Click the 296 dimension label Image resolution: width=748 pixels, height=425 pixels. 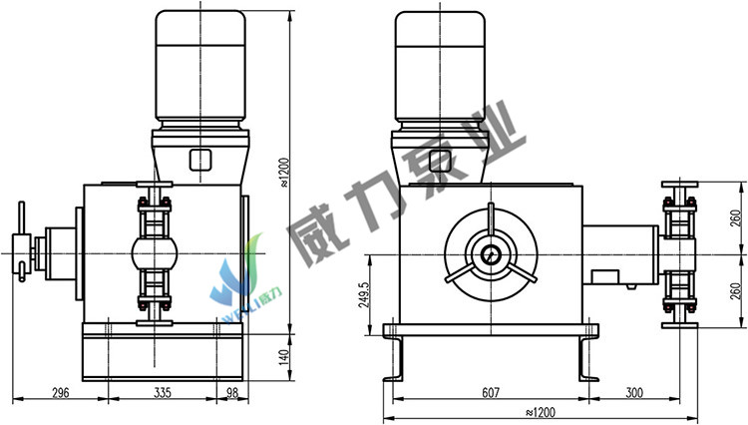pos(61,393)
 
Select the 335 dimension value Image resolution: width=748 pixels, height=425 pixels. pos(163,393)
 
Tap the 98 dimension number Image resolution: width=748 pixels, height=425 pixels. pos(231,393)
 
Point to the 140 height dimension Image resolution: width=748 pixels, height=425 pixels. pos(283,357)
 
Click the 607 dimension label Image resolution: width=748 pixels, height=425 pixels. pos(491,392)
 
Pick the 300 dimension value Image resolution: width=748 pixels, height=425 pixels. pos(634,392)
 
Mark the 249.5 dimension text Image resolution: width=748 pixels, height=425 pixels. pos(363,294)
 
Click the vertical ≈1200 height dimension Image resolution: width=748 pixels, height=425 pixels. pos(283,173)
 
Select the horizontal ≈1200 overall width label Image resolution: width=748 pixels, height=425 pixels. pos(541,412)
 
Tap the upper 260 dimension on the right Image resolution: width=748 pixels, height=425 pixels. pos(737,217)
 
